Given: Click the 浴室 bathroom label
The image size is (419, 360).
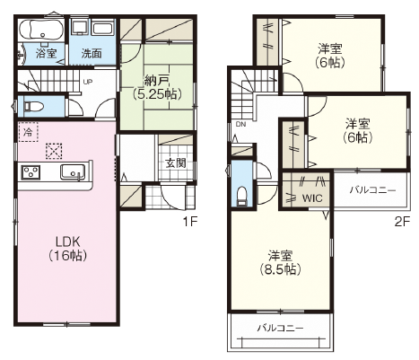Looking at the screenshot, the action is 46,53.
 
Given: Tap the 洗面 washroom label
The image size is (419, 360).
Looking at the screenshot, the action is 92,54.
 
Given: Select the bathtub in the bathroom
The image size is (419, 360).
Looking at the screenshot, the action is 41,30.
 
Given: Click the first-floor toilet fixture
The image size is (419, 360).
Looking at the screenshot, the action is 33,106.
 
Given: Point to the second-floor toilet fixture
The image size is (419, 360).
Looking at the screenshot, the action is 242,197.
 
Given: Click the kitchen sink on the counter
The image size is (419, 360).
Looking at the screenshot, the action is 73,172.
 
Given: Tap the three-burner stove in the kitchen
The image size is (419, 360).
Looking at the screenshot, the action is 31,172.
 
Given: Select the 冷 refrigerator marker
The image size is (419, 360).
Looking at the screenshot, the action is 28,132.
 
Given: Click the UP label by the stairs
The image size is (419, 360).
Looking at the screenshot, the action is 87,82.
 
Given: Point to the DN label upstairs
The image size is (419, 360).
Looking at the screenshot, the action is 240,125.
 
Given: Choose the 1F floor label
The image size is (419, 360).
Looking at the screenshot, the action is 190,222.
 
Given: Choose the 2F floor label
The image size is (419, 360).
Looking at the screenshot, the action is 401,222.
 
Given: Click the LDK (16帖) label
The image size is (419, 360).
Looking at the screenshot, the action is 67,248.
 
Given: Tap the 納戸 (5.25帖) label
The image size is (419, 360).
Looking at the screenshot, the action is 157,88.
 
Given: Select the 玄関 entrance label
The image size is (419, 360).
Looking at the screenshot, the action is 176,163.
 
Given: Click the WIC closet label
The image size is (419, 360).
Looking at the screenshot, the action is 312,198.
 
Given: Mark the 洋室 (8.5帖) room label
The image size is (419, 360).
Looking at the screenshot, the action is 280,263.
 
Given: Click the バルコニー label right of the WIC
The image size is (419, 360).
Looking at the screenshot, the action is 372,189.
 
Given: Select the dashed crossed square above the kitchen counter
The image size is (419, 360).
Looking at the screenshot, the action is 54,151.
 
